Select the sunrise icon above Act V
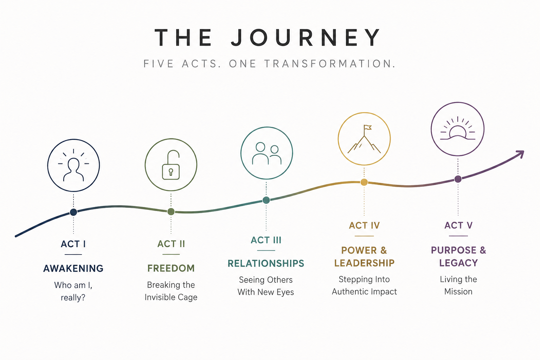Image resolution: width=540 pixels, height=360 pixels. [x=457, y=128]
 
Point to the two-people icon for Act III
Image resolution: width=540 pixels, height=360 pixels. [x=266, y=153]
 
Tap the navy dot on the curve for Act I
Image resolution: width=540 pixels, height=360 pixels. [x=73, y=212]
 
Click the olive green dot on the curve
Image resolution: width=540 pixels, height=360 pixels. [x=171, y=212]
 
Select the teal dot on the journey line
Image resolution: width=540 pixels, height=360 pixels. [x=266, y=200]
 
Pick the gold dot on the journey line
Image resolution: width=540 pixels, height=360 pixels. [x=364, y=182]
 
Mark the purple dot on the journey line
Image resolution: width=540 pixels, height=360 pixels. [x=458, y=179]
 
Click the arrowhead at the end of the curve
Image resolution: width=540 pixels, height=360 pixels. [x=521, y=154]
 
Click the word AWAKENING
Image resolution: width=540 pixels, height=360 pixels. [x=73, y=268]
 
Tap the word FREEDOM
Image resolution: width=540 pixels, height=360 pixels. [x=171, y=268]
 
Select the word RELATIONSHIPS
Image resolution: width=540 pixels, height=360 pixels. [x=266, y=263]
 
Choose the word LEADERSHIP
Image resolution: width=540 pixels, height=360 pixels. [x=364, y=263]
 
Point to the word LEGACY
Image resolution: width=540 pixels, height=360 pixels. [x=458, y=263]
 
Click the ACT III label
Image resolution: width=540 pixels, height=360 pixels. [x=266, y=240]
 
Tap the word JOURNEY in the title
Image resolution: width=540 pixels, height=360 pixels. [x=306, y=37]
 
